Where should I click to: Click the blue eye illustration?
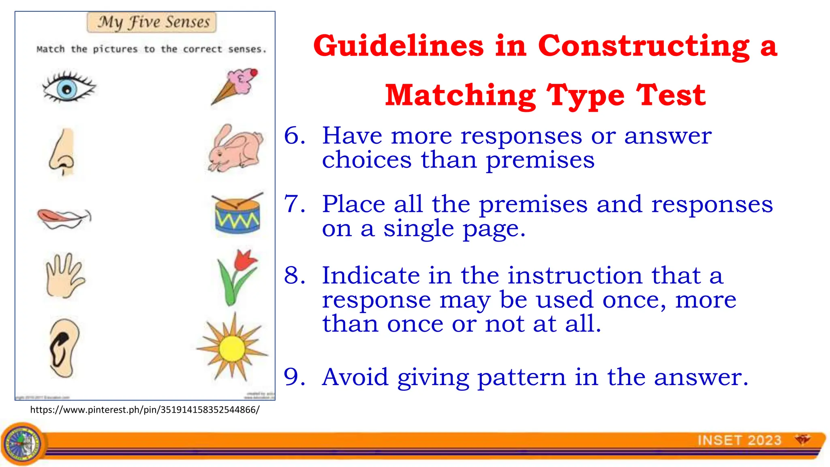68,88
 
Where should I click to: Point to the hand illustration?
64,276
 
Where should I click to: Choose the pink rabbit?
235,149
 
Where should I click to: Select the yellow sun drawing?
232,348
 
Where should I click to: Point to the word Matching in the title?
460,95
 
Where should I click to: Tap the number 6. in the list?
295,135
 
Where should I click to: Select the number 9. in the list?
295,377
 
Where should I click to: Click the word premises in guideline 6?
540,160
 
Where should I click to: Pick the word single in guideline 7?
419,229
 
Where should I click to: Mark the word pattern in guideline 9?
521,377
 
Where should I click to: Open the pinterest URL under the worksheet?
145,410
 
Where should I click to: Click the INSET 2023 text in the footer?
739,440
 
